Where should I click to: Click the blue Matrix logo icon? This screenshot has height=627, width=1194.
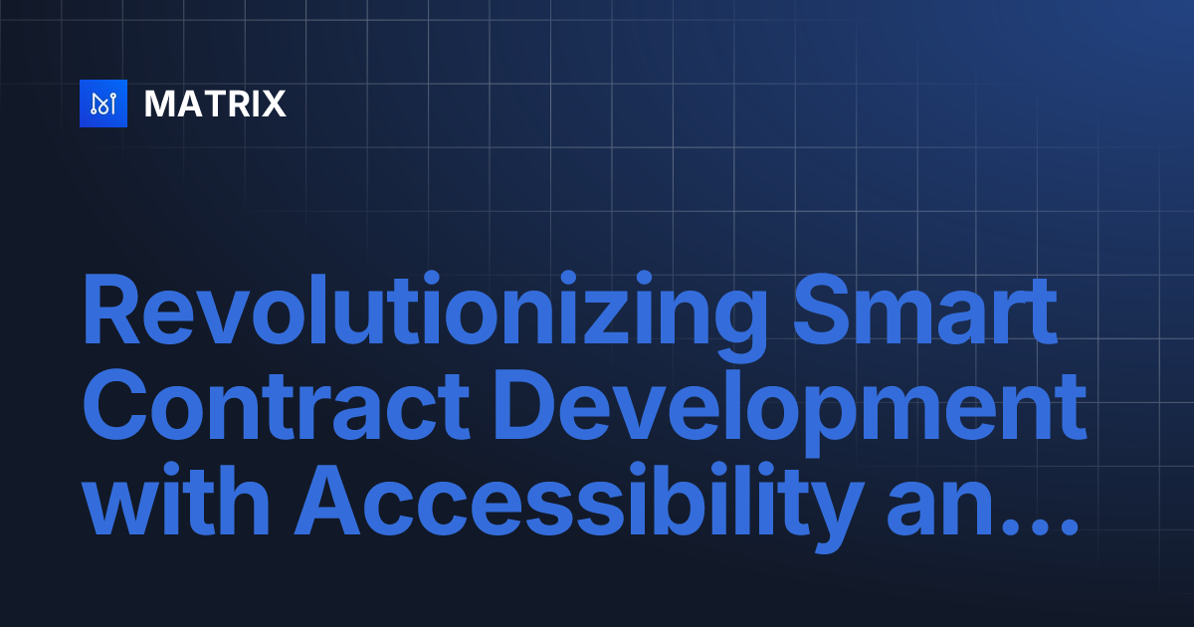point(103,104)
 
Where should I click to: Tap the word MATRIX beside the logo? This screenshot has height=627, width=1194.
point(215,104)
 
